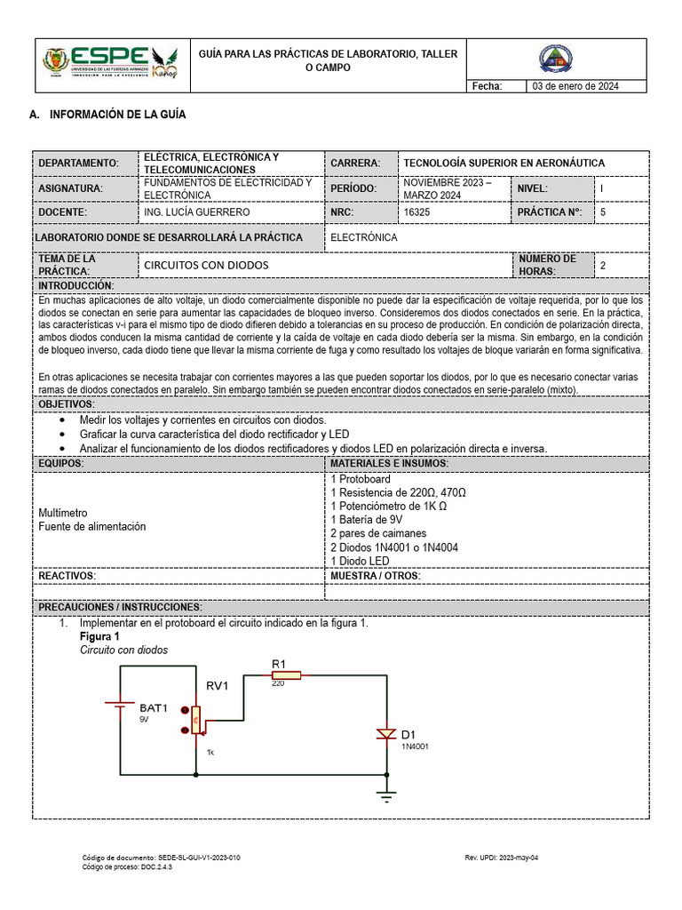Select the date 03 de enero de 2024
[x=575, y=86]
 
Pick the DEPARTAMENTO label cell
[x=79, y=164]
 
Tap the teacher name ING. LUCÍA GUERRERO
[x=196, y=212]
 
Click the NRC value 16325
[x=417, y=212]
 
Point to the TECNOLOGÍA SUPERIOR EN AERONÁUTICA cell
[x=504, y=164]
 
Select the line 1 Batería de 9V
[x=366, y=519]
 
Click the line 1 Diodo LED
[x=360, y=561]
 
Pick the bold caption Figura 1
[x=99, y=637]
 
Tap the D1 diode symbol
[x=385, y=734]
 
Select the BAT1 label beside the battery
[x=154, y=708]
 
